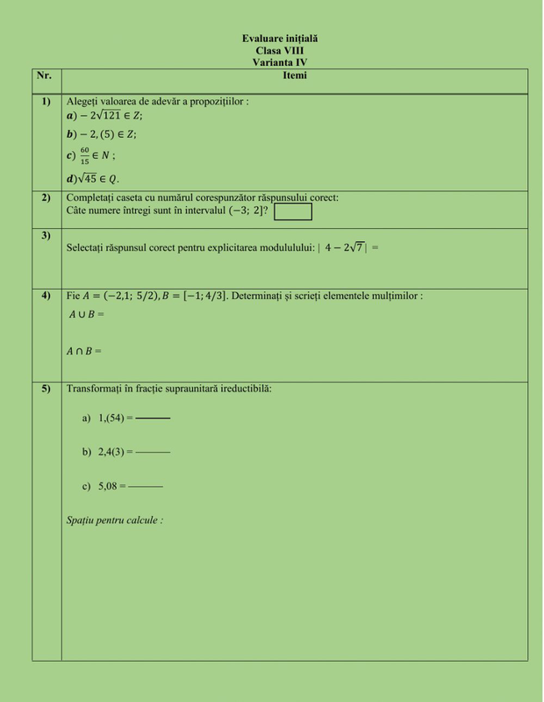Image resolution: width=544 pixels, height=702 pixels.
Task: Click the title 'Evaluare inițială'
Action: (280, 39)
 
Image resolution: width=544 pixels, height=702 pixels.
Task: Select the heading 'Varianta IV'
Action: (280, 62)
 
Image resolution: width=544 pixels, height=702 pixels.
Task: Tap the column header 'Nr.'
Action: (45, 76)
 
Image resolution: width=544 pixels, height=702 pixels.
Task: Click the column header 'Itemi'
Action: (294, 76)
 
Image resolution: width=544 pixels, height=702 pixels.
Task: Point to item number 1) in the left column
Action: (46, 102)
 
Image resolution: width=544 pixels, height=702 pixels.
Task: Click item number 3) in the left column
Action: (46, 235)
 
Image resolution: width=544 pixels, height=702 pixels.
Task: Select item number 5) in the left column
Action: (46, 389)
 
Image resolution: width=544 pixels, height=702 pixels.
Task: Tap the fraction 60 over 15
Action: (84, 156)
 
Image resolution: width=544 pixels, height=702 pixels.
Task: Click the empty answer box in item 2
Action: (293, 211)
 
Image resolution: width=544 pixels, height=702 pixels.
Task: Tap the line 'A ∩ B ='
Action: (84, 351)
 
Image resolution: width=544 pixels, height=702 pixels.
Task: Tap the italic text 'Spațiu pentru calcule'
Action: (114, 520)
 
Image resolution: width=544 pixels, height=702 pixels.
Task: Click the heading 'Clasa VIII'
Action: (280, 51)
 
